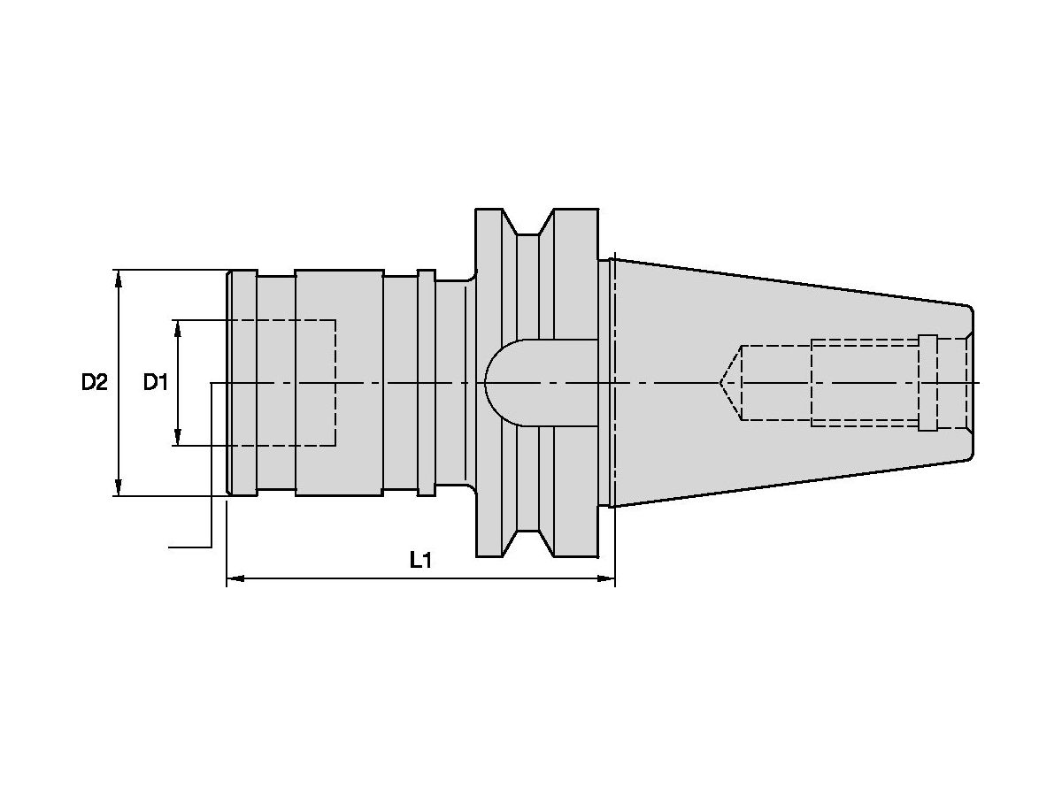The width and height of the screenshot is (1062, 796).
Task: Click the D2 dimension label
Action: click(94, 382)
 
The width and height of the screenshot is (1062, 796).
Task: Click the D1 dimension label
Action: click(156, 382)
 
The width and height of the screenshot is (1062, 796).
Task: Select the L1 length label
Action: click(420, 560)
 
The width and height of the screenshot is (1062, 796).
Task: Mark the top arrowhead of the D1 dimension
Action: click(179, 328)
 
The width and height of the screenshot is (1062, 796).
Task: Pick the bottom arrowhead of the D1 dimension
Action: click(179, 437)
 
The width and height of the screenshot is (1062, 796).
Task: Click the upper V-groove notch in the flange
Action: click(528, 226)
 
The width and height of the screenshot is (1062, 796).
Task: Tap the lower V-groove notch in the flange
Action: click(528, 540)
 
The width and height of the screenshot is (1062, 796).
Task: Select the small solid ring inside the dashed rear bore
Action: click(927, 383)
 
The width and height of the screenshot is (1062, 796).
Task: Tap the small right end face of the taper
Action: click(972, 382)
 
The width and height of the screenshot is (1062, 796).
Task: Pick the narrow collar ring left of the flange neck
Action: click(426, 382)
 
